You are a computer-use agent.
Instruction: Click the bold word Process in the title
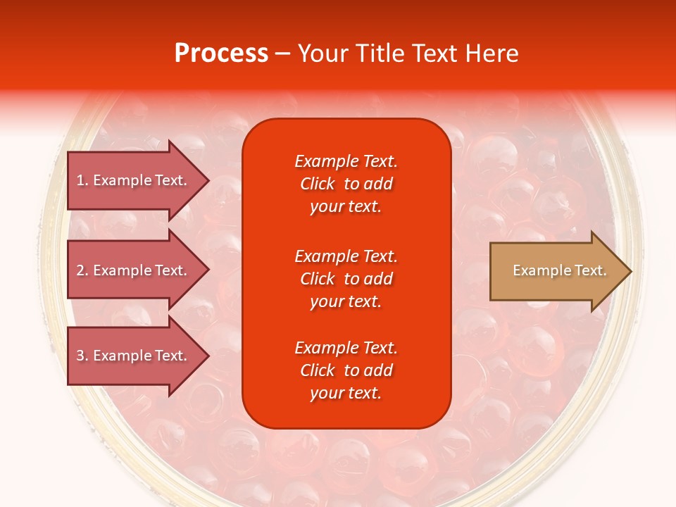(x=221, y=54)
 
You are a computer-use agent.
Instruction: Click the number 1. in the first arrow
(x=82, y=180)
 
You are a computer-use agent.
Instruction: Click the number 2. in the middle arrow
(x=82, y=270)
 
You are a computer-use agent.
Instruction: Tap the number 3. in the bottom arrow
(x=82, y=356)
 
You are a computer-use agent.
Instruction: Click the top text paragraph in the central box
(x=346, y=184)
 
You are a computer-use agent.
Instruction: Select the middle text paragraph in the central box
(x=346, y=279)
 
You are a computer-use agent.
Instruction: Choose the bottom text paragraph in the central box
(x=346, y=370)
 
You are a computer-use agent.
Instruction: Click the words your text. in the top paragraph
(x=346, y=207)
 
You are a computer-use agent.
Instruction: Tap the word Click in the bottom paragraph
(x=317, y=370)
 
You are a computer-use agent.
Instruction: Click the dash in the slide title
(x=282, y=54)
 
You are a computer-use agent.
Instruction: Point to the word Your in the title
(x=323, y=54)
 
